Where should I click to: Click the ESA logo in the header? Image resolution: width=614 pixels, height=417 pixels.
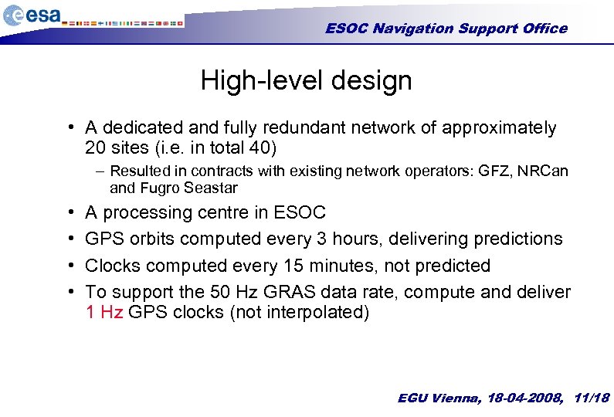coord(32,15)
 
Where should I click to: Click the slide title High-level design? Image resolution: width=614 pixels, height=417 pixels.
coord(306,80)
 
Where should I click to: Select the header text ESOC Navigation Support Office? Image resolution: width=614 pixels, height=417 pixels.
coord(446,29)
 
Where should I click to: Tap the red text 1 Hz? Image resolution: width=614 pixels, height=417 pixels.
coord(103,313)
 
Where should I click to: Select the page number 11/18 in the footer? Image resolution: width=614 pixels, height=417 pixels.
coord(592,398)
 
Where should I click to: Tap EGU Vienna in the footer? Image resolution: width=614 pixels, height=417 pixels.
coord(438,398)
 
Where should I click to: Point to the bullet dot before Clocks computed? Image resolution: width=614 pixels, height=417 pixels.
coord(70,266)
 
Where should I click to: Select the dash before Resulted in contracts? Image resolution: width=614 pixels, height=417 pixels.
coord(101,171)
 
